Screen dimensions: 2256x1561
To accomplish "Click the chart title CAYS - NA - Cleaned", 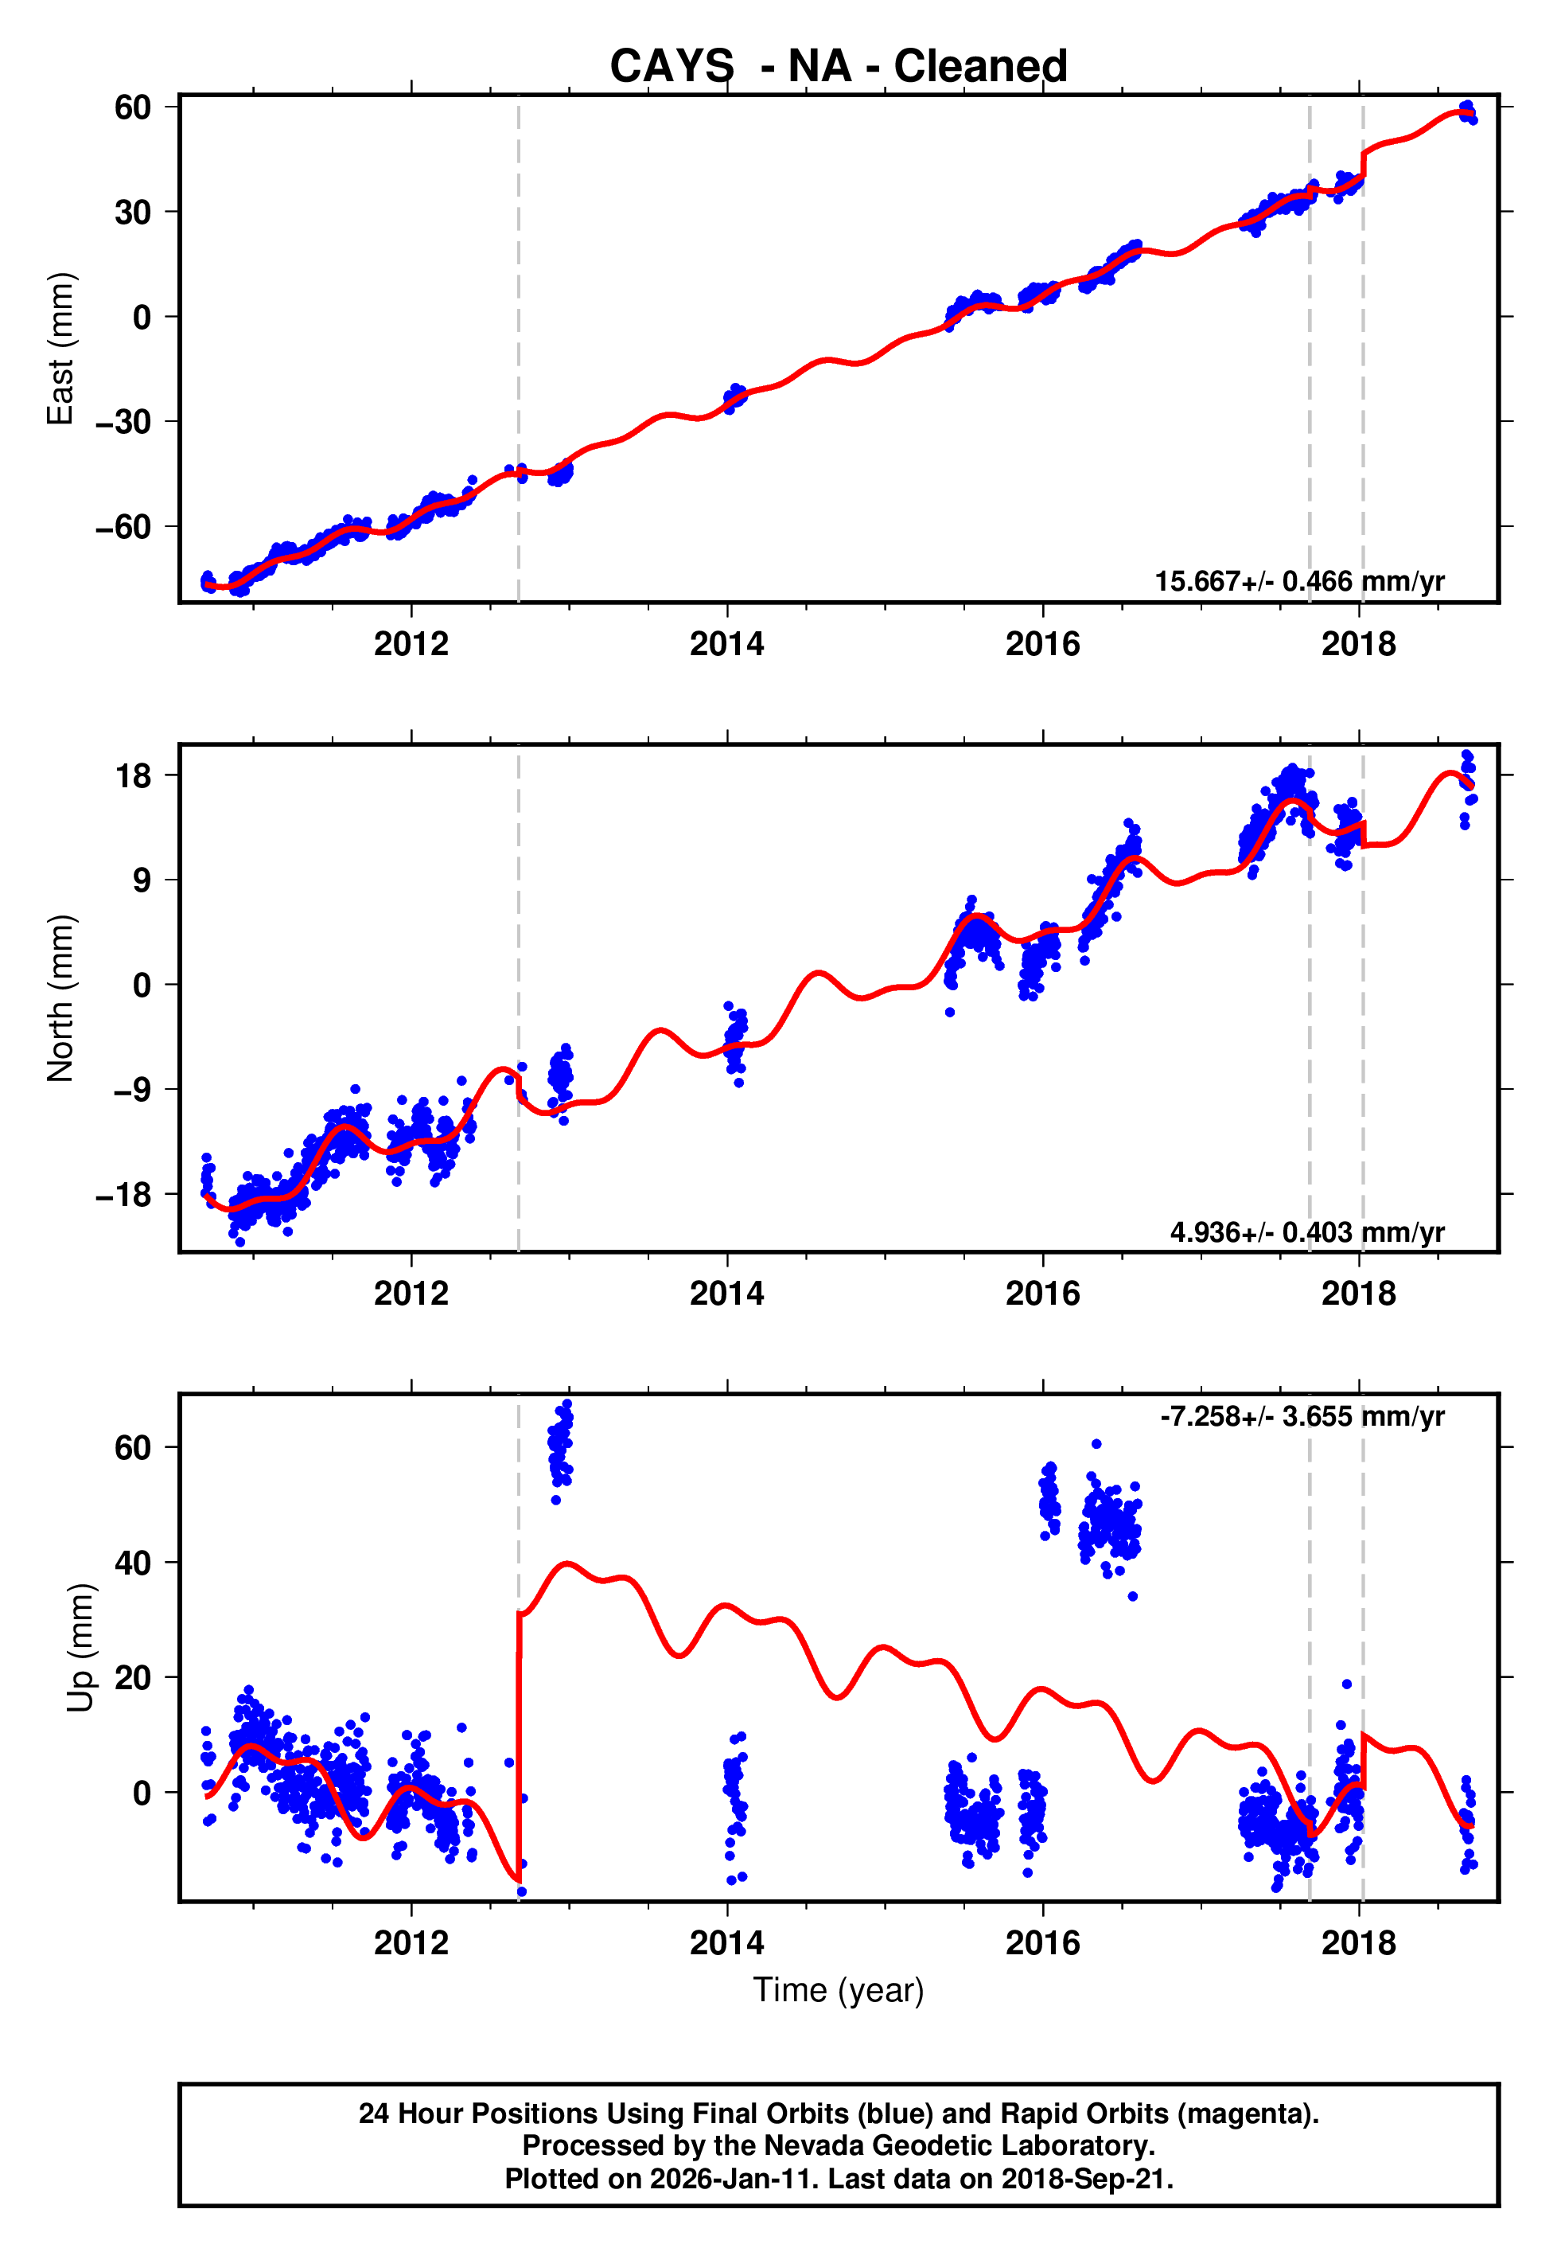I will pyautogui.click(x=839, y=67).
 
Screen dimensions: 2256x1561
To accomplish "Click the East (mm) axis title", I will pyautogui.click(x=60, y=349).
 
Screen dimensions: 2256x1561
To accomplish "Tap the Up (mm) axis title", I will pyautogui.click(x=80, y=1648).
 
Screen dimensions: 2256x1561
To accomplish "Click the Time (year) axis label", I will pyautogui.click(x=839, y=1991).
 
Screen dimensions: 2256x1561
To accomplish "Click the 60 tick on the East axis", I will pyautogui.click(x=133, y=107).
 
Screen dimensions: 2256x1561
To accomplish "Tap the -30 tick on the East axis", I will pyautogui.click(x=123, y=422).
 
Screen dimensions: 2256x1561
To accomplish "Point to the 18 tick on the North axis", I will pyautogui.click(x=133, y=776).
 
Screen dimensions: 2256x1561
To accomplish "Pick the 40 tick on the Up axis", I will pyautogui.click(x=133, y=1563).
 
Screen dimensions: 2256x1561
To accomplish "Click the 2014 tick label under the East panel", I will pyautogui.click(x=726, y=644).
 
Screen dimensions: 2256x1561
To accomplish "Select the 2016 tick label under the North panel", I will pyautogui.click(x=1042, y=1294).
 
